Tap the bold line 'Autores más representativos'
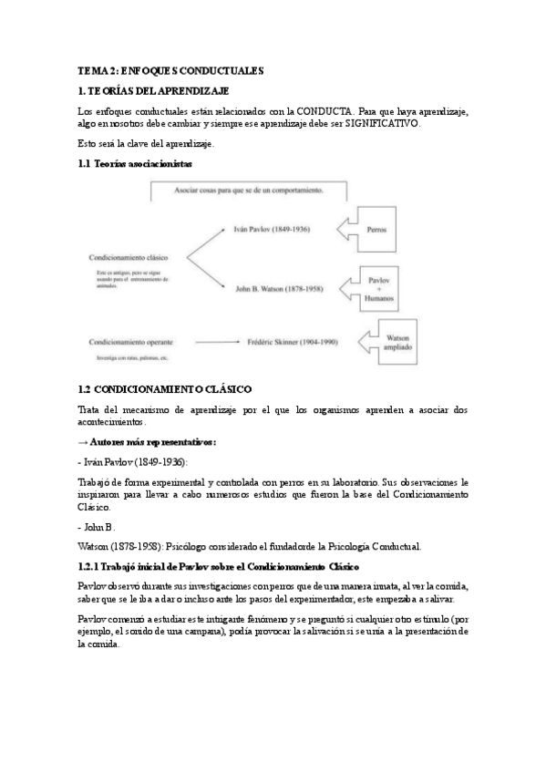click(149, 441)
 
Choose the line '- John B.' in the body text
click(97, 528)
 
